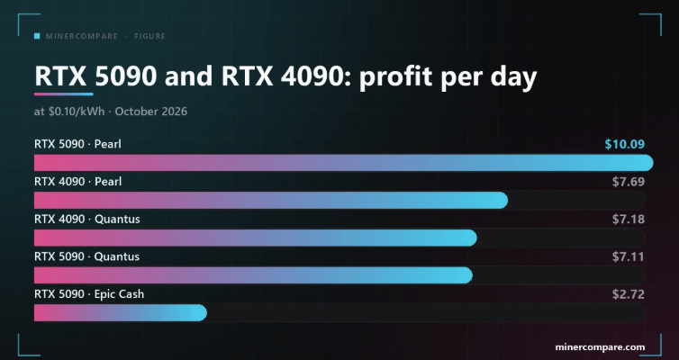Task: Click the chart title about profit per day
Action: point(285,77)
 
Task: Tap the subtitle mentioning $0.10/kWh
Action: point(111,112)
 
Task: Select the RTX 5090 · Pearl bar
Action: point(344,163)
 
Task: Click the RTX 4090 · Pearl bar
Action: point(271,201)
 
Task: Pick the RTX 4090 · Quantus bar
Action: point(256,238)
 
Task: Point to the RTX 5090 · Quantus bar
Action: point(253,275)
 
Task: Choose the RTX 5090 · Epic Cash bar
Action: point(121,313)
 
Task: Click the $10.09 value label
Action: point(624,144)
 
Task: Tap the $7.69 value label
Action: point(629,182)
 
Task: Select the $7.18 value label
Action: point(629,220)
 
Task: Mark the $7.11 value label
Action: point(629,257)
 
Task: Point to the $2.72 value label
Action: point(629,294)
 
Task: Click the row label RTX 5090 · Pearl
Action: point(78,144)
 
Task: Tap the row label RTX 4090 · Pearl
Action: point(78,182)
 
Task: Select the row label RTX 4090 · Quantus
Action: point(87,220)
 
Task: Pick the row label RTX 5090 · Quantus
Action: point(87,257)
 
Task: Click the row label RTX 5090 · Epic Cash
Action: point(89,294)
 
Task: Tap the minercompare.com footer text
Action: point(600,347)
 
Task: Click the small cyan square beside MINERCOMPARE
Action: point(37,36)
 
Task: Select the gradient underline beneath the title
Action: point(64,94)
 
